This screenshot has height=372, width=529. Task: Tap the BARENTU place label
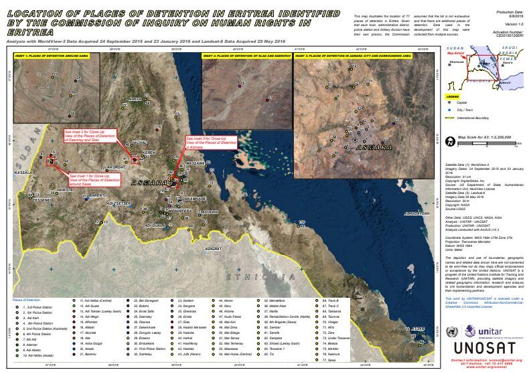[x=98, y=195]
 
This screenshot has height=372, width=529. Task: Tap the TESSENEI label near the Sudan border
[x=43, y=199]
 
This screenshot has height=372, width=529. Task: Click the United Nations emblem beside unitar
[x=450, y=331]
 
